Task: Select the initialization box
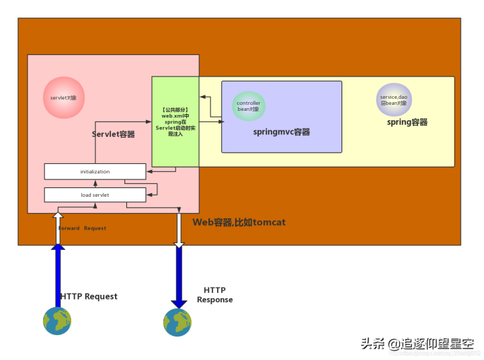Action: click(95, 171)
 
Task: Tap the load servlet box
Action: click(95, 195)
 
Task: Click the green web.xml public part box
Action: click(175, 122)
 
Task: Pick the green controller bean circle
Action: click(249, 105)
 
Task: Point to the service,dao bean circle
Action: click(394, 99)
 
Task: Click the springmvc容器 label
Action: click(282, 132)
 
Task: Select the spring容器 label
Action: click(407, 122)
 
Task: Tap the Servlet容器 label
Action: click(113, 134)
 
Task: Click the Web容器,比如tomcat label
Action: click(239, 222)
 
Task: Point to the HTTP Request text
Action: click(89, 296)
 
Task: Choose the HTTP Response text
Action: click(214, 295)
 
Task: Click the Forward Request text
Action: click(83, 228)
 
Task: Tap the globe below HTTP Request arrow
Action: click(58, 321)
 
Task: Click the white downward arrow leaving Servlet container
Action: click(179, 228)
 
